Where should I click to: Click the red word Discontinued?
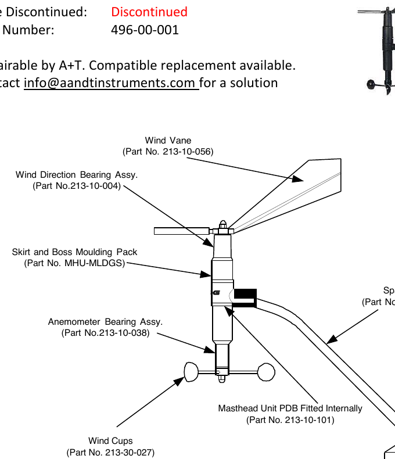pos(149,12)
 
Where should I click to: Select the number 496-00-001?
pos(145,30)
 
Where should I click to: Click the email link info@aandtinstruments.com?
pos(110,83)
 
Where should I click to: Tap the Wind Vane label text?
pos(168,140)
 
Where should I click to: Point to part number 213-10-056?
pos(168,152)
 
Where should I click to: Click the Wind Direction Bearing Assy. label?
pos(77,174)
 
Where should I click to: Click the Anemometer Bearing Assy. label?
pos(105,321)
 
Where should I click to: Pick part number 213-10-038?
pos(105,333)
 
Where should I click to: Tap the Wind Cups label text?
pos(110,441)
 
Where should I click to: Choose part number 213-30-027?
pos(110,452)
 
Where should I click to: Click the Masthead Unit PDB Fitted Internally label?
pos(290,408)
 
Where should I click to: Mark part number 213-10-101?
pos(290,419)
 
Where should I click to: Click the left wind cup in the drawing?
pos(192,371)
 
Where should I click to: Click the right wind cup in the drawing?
pos(266,371)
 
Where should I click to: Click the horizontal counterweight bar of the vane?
pos(182,231)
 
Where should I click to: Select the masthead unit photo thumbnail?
pos(380,46)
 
